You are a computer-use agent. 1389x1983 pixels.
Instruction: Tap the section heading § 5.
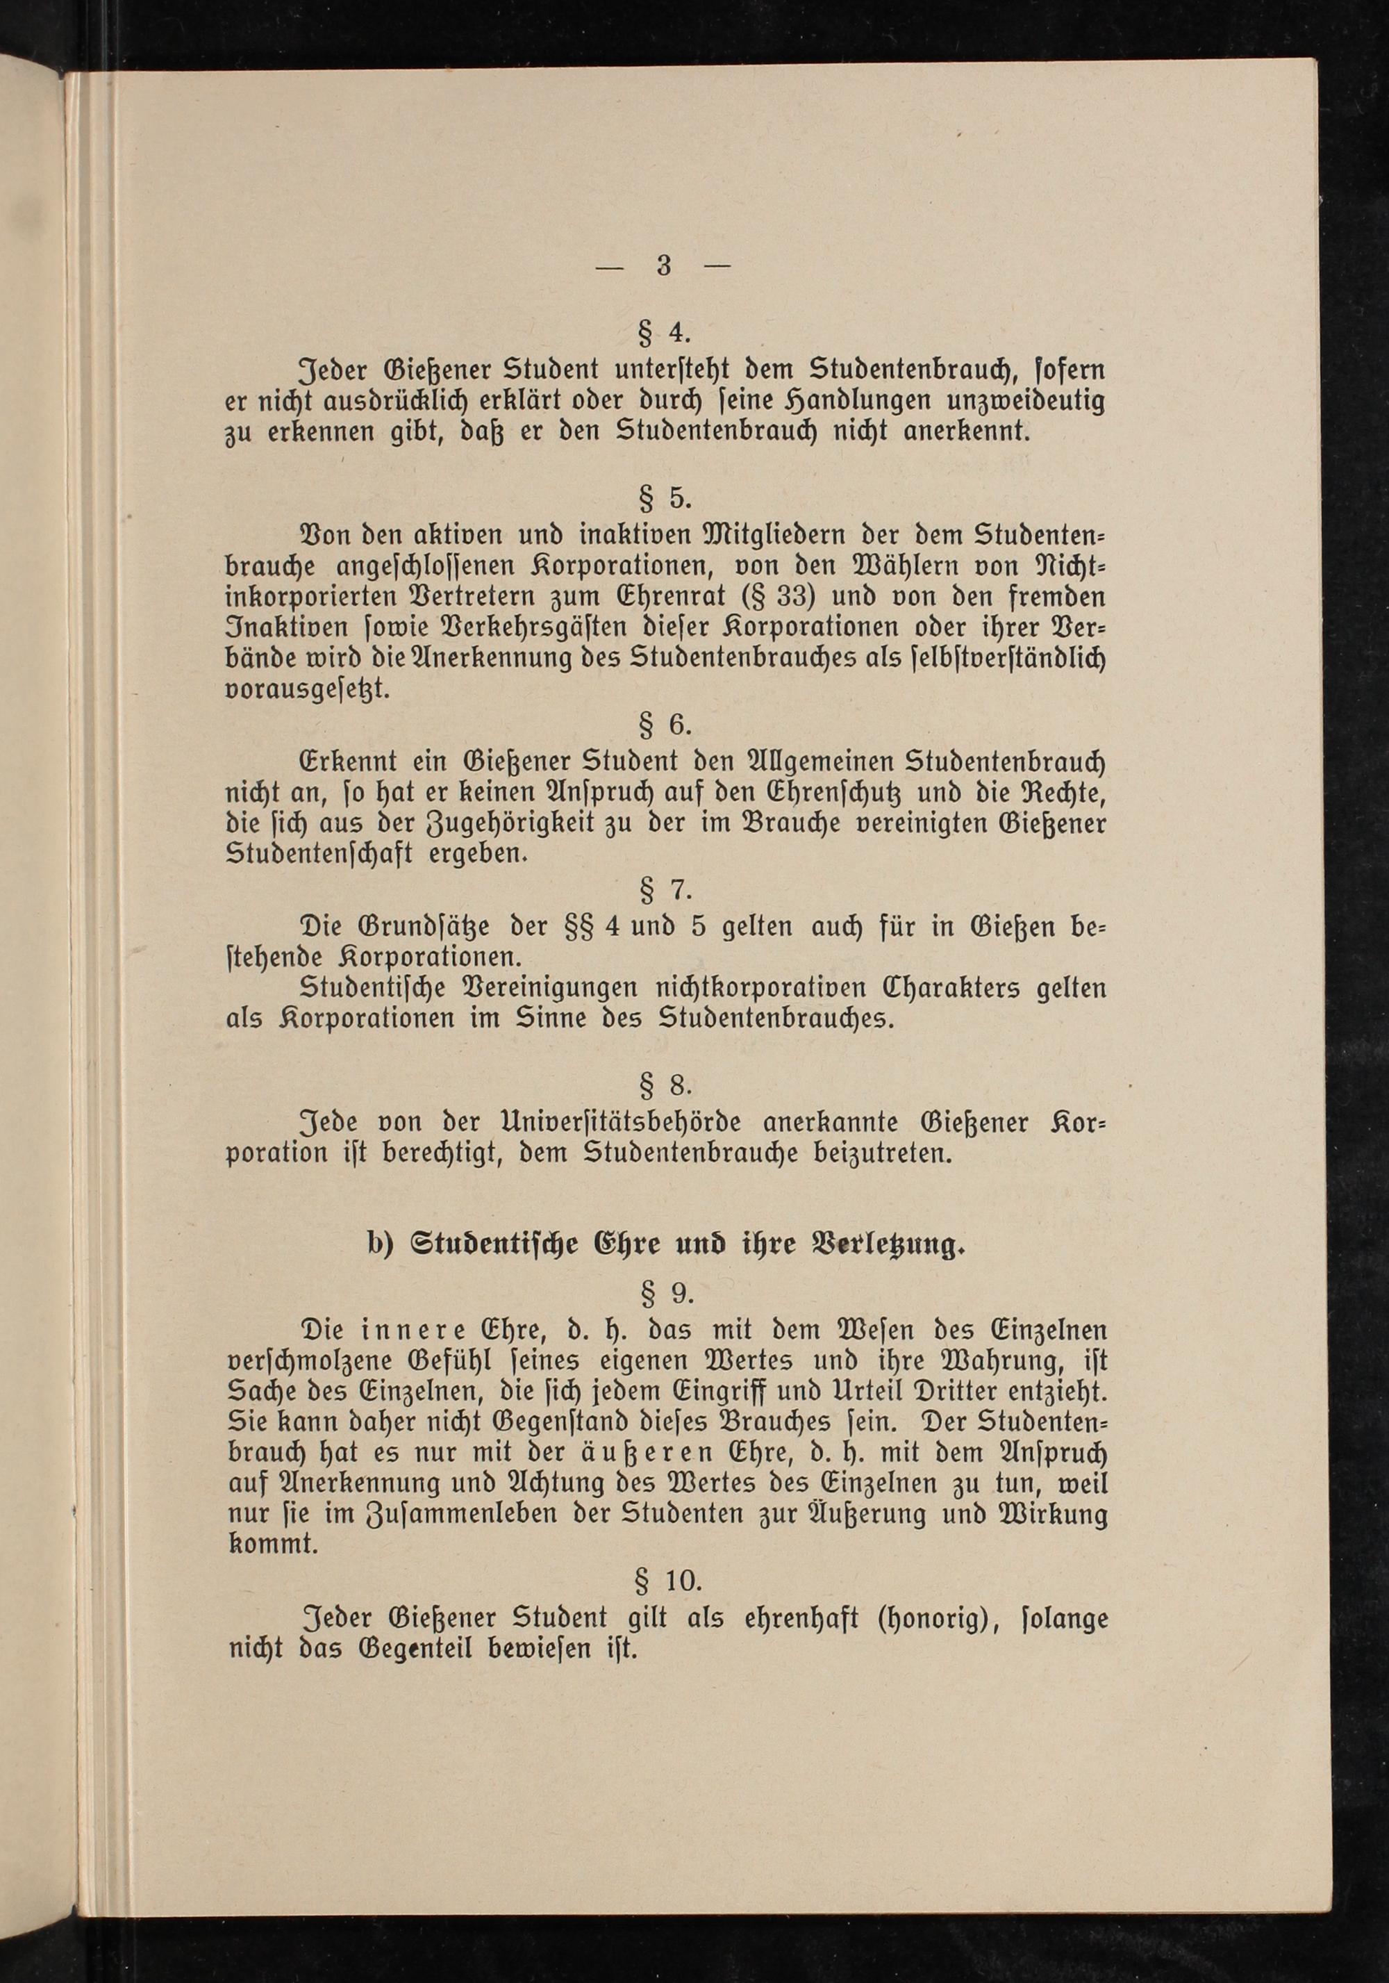click(663, 498)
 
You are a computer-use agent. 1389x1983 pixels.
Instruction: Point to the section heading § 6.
click(663, 725)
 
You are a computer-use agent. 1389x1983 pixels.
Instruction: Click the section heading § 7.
click(663, 889)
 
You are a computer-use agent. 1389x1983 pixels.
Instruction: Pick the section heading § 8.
click(663, 1084)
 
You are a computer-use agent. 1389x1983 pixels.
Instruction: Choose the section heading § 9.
click(663, 1293)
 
